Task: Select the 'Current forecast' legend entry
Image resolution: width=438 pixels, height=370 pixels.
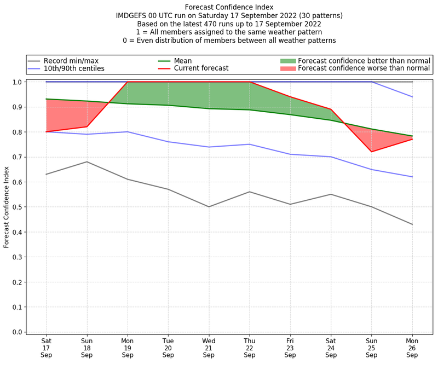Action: (x=201, y=68)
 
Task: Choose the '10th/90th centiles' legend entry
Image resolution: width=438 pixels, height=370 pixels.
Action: (x=74, y=68)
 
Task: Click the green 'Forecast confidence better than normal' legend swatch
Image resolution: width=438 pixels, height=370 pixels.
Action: (x=287, y=61)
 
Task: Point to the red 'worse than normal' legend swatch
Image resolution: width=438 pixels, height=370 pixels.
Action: (x=287, y=68)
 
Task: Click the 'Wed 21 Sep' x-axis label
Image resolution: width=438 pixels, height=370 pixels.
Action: (x=209, y=347)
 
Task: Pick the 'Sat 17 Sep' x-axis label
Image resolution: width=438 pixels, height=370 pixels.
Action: (x=46, y=347)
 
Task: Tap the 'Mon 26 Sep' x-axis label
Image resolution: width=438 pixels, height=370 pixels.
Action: (x=412, y=347)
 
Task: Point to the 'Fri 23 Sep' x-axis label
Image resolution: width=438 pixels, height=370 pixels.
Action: (x=290, y=347)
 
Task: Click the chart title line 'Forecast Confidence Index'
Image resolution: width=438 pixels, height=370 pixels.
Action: (x=229, y=7)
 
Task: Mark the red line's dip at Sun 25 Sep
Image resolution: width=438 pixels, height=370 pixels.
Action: (x=372, y=152)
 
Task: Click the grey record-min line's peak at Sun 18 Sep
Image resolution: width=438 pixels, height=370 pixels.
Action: (x=87, y=161)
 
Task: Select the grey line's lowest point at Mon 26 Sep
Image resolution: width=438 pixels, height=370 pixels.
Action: (x=412, y=224)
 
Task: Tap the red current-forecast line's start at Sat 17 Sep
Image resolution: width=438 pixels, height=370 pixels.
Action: (x=46, y=132)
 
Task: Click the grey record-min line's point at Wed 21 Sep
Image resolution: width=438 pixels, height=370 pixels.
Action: (x=209, y=207)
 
